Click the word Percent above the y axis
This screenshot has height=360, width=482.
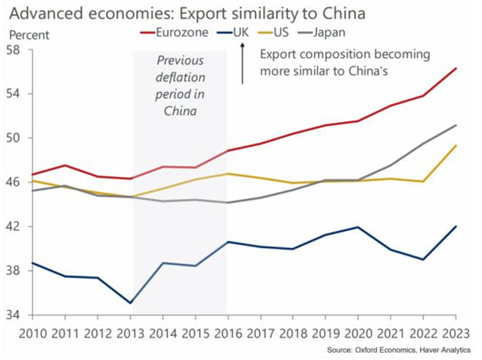tap(30, 34)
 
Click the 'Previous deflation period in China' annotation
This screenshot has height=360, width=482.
tap(181, 85)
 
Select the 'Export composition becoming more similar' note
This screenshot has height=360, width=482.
tap(344, 63)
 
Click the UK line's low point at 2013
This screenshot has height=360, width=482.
tap(131, 303)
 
